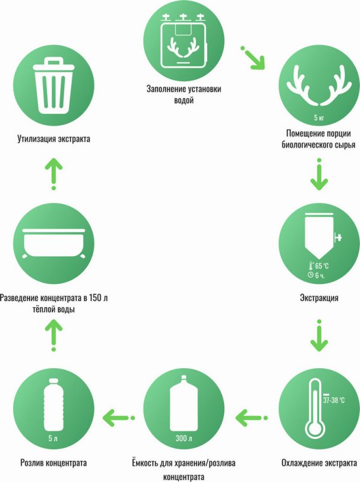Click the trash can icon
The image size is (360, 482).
click(54, 86)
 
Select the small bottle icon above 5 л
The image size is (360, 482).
click(54, 404)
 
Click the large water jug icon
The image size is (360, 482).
click(184, 403)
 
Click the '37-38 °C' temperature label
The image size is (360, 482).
click(334, 400)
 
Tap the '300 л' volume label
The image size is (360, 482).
click(184, 439)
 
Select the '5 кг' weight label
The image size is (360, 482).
click(319, 117)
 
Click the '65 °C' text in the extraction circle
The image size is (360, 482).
click(321, 266)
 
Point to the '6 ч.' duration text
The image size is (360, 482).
click(320, 275)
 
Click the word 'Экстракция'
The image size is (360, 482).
click(319, 298)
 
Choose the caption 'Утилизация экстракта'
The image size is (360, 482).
click(54, 139)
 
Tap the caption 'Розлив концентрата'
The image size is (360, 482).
click(54, 463)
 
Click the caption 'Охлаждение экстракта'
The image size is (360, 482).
click(319, 463)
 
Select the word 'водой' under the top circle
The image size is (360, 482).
click(184, 100)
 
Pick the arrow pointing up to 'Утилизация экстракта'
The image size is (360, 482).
click(54, 174)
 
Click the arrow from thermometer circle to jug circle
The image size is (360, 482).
click(252, 418)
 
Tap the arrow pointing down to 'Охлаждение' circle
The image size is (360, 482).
click(319, 336)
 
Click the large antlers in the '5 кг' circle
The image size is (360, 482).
click(319, 86)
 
